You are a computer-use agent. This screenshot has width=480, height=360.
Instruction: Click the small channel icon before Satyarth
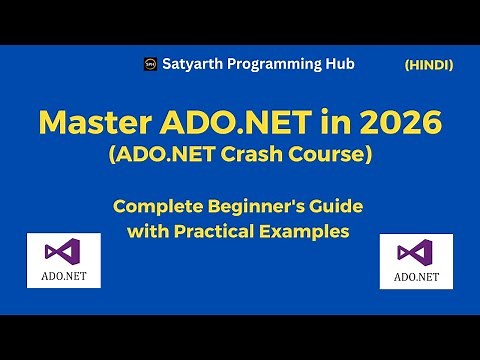pos(151,64)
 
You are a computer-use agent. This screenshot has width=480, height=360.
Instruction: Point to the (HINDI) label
pos(428,65)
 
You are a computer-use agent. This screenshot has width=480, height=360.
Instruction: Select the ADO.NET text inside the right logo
pos(416,276)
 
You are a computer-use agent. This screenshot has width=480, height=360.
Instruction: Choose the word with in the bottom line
pos(147,232)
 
